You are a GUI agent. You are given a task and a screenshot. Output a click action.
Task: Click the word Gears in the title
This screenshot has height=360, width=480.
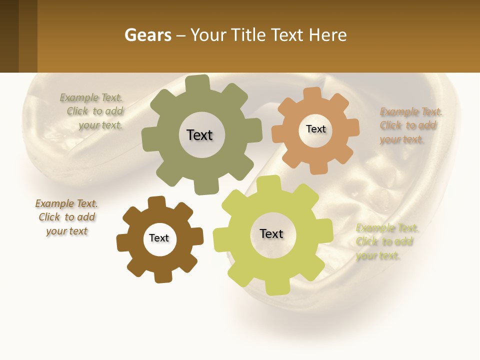147,35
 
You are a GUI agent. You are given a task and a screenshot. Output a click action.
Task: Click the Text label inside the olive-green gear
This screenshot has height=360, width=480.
199,135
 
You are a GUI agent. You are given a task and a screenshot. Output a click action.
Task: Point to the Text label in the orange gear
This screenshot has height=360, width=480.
315,129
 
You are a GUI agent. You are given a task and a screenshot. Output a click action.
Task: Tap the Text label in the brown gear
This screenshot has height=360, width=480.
159,238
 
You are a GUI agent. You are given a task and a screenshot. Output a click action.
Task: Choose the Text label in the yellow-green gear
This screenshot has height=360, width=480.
271,233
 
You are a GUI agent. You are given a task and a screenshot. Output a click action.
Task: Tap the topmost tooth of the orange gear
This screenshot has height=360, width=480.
312,93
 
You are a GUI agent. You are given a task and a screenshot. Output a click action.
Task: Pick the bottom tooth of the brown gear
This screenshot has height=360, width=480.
162,276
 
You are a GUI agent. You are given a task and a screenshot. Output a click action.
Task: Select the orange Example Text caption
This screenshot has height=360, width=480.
410,125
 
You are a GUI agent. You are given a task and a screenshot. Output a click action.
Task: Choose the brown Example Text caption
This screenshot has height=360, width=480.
67,217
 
